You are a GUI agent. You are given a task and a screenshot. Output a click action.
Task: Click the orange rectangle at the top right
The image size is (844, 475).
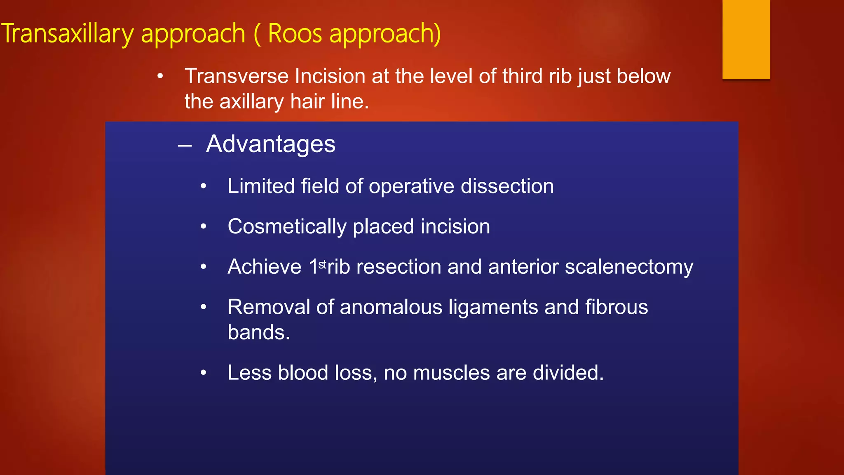click(746, 39)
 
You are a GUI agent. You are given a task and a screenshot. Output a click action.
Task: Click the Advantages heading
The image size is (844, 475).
click(271, 144)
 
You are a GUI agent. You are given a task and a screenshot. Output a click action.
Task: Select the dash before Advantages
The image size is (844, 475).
click(185, 145)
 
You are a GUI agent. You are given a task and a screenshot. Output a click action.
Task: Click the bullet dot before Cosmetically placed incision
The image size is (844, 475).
click(203, 227)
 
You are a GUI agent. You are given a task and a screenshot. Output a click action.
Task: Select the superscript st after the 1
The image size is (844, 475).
click(322, 263)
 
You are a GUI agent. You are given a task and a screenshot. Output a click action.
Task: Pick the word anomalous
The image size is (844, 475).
click(391, 307)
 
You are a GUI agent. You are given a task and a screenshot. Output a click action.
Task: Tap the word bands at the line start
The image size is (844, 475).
click(258, 332)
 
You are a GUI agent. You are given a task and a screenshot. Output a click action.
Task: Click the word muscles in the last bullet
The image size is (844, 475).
click(451, 373)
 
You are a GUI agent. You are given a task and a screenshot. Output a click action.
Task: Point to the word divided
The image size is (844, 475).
click(568, 373)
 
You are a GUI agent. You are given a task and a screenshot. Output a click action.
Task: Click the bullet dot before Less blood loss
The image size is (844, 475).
click(203, 373)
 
